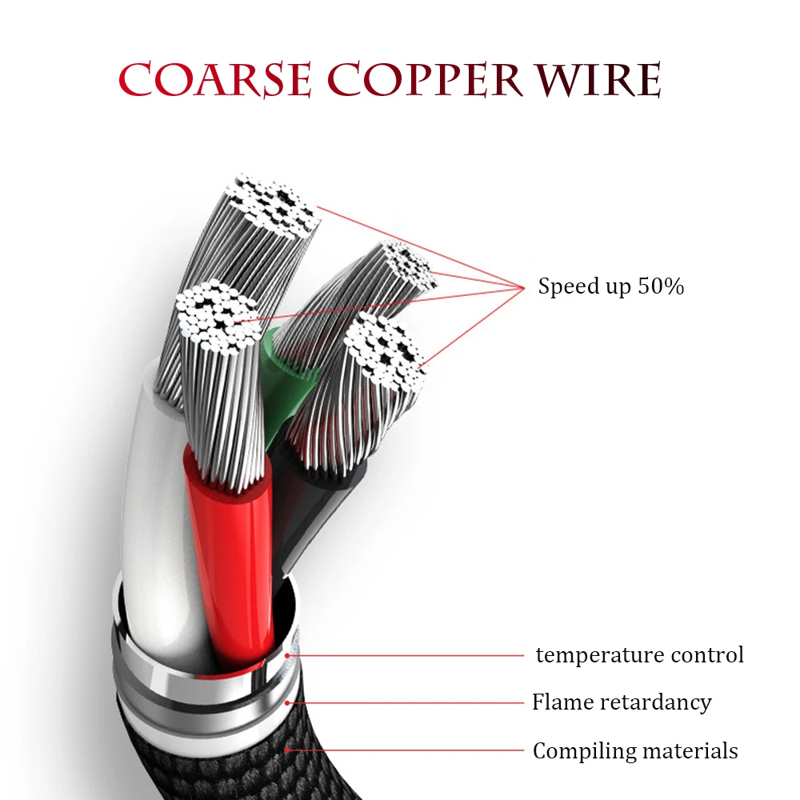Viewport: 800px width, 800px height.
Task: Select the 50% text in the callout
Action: pos(661,286)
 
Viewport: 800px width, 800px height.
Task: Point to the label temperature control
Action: pos(639,655)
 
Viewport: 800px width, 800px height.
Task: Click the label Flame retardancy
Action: pos(622,702)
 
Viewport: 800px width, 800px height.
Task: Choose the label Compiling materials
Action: pos(635,751)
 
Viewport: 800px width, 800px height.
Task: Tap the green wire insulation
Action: pos(285,376)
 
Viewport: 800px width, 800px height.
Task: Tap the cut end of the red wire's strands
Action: pos(217,317)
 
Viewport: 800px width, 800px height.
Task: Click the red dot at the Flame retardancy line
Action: pos(289,703)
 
